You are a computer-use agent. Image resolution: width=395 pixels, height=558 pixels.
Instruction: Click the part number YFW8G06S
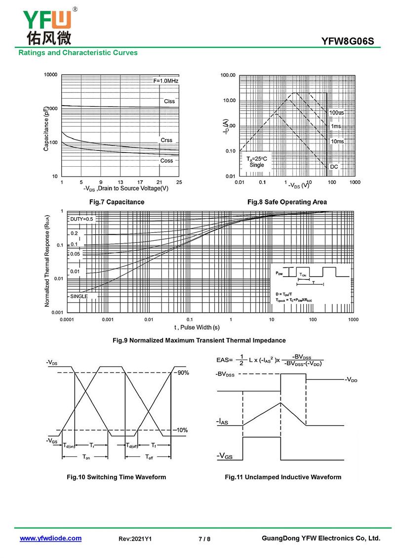tap(351, 42)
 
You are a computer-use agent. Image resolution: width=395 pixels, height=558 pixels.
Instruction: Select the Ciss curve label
tap(169, 101)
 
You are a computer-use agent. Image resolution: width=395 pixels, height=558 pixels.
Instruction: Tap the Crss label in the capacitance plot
tap(166, 141)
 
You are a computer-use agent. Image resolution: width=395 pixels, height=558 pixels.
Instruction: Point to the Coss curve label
tap(166, 161)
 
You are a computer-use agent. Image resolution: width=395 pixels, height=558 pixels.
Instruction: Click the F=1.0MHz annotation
tap(165, 80)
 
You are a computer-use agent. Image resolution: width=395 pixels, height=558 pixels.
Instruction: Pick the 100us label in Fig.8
tap(337, 113)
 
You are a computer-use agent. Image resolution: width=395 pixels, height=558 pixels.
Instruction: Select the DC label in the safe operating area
tap(334, 167)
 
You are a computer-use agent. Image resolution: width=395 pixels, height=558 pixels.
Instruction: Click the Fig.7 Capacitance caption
tap(117, 202)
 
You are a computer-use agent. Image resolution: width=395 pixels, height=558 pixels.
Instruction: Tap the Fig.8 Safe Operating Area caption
tap(287, 202)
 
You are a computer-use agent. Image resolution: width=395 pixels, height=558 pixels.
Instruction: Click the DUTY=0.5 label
tap(81, 219)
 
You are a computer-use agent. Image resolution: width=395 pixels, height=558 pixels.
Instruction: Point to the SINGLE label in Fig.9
tap(79, 296)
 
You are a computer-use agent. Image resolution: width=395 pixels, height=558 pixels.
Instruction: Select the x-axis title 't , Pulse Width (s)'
tap(197, 327)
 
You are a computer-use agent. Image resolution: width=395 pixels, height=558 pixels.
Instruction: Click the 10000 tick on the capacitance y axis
tap(51, 75)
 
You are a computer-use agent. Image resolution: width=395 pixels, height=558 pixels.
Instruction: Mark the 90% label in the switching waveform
tap(183, 373)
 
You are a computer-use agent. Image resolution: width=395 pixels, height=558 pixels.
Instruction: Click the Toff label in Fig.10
tap(149, 457)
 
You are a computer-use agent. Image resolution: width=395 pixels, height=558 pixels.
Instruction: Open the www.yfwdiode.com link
tap(50, 538)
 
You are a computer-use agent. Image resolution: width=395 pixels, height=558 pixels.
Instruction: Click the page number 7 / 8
tap(204, 539)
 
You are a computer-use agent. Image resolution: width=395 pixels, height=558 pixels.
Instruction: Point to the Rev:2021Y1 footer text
tap(135, 539)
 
